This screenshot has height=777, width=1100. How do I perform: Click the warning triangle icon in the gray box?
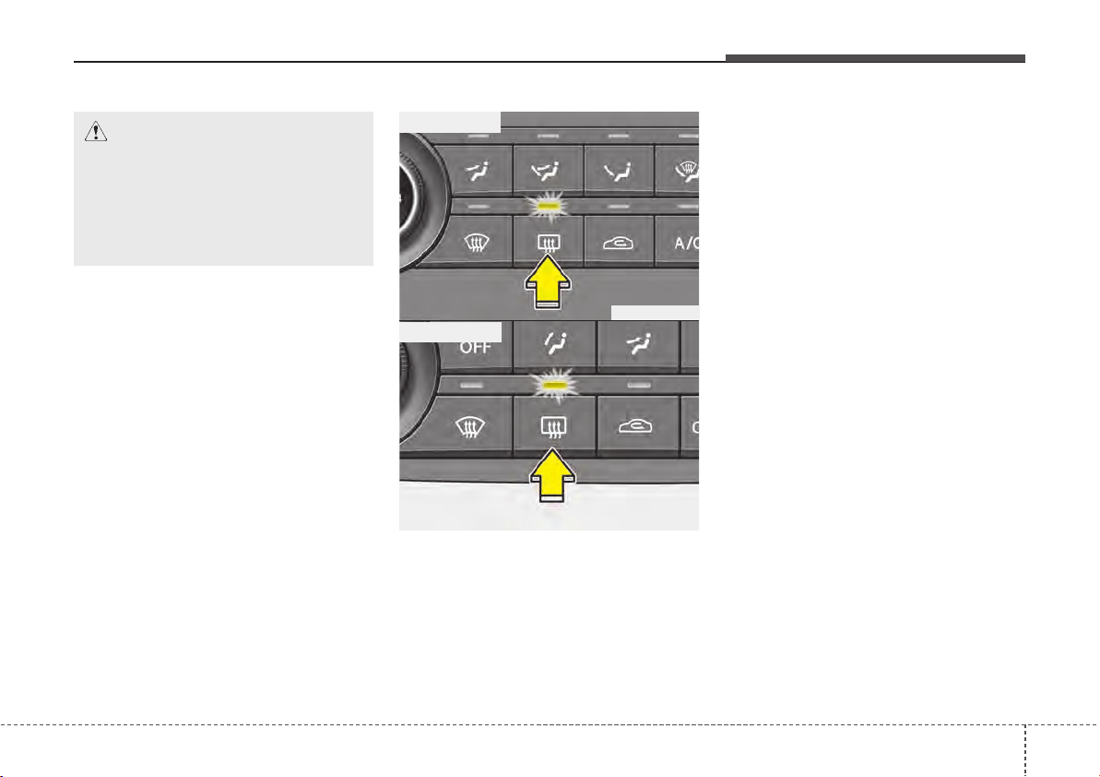pyautogui.click(x=95, y=131)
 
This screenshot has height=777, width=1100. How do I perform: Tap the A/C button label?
pyautogui.click(x=686, y=243)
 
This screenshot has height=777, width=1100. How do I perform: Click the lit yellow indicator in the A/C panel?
pyautogui.click(x=549, y=207)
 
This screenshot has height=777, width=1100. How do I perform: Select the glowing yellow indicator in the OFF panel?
pyautogui.click(x=554, y=386)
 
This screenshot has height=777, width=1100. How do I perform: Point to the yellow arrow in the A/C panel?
pyautogui.click(x=549, y=281)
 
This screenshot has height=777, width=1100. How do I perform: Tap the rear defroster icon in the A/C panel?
pyautogui.click(x=548, y=243)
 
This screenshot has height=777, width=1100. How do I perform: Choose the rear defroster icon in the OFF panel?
pyautogui.click(x=553, y=426)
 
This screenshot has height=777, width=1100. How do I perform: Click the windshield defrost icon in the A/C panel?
pyautogui.click(x=477, y=243)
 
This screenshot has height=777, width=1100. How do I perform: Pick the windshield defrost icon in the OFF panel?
pyautogui.click(x=470, y=426)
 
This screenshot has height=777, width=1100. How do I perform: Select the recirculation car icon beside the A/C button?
pyautogui.click(x=618, y=243)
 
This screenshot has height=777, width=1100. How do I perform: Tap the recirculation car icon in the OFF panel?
pyautogui.click(x=635, y=426)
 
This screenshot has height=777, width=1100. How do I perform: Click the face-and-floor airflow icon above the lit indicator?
pyautogui.click(x=548, y=171)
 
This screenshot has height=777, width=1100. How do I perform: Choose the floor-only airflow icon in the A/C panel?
pyautogui.click(x=618, y=171)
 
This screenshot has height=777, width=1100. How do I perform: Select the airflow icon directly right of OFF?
pyautogui.click(x=554, y=344)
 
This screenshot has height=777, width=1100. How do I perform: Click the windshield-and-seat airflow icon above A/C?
pyautogui.click(x=688, y=170)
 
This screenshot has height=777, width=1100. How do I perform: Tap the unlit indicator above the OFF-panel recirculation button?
pyautogui.click(x=638, y=386)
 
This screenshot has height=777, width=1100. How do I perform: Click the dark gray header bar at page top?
pyautogui.click(x=875, y=59)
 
